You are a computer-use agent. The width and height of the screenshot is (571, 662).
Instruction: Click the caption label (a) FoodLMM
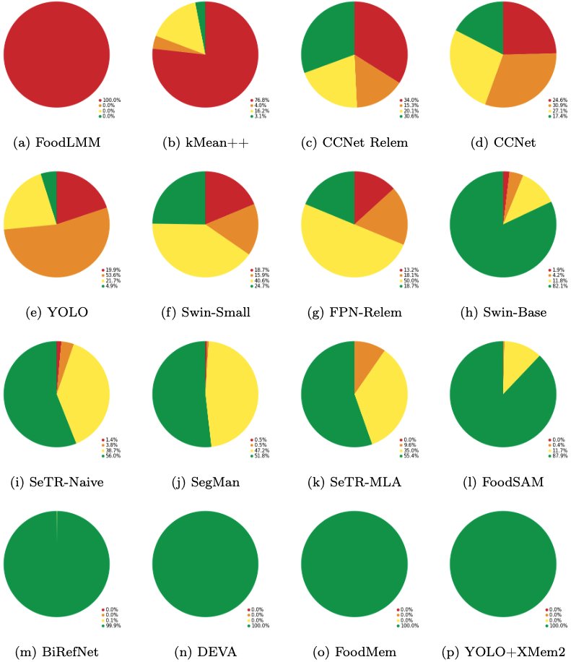click(56, 143)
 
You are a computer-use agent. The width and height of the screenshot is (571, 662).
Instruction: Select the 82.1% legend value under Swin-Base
click(558, 285)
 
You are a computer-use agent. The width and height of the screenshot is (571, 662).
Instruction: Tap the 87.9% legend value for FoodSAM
click(558, 455)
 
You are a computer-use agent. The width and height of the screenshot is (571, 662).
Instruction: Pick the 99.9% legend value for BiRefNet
click(110, 625)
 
